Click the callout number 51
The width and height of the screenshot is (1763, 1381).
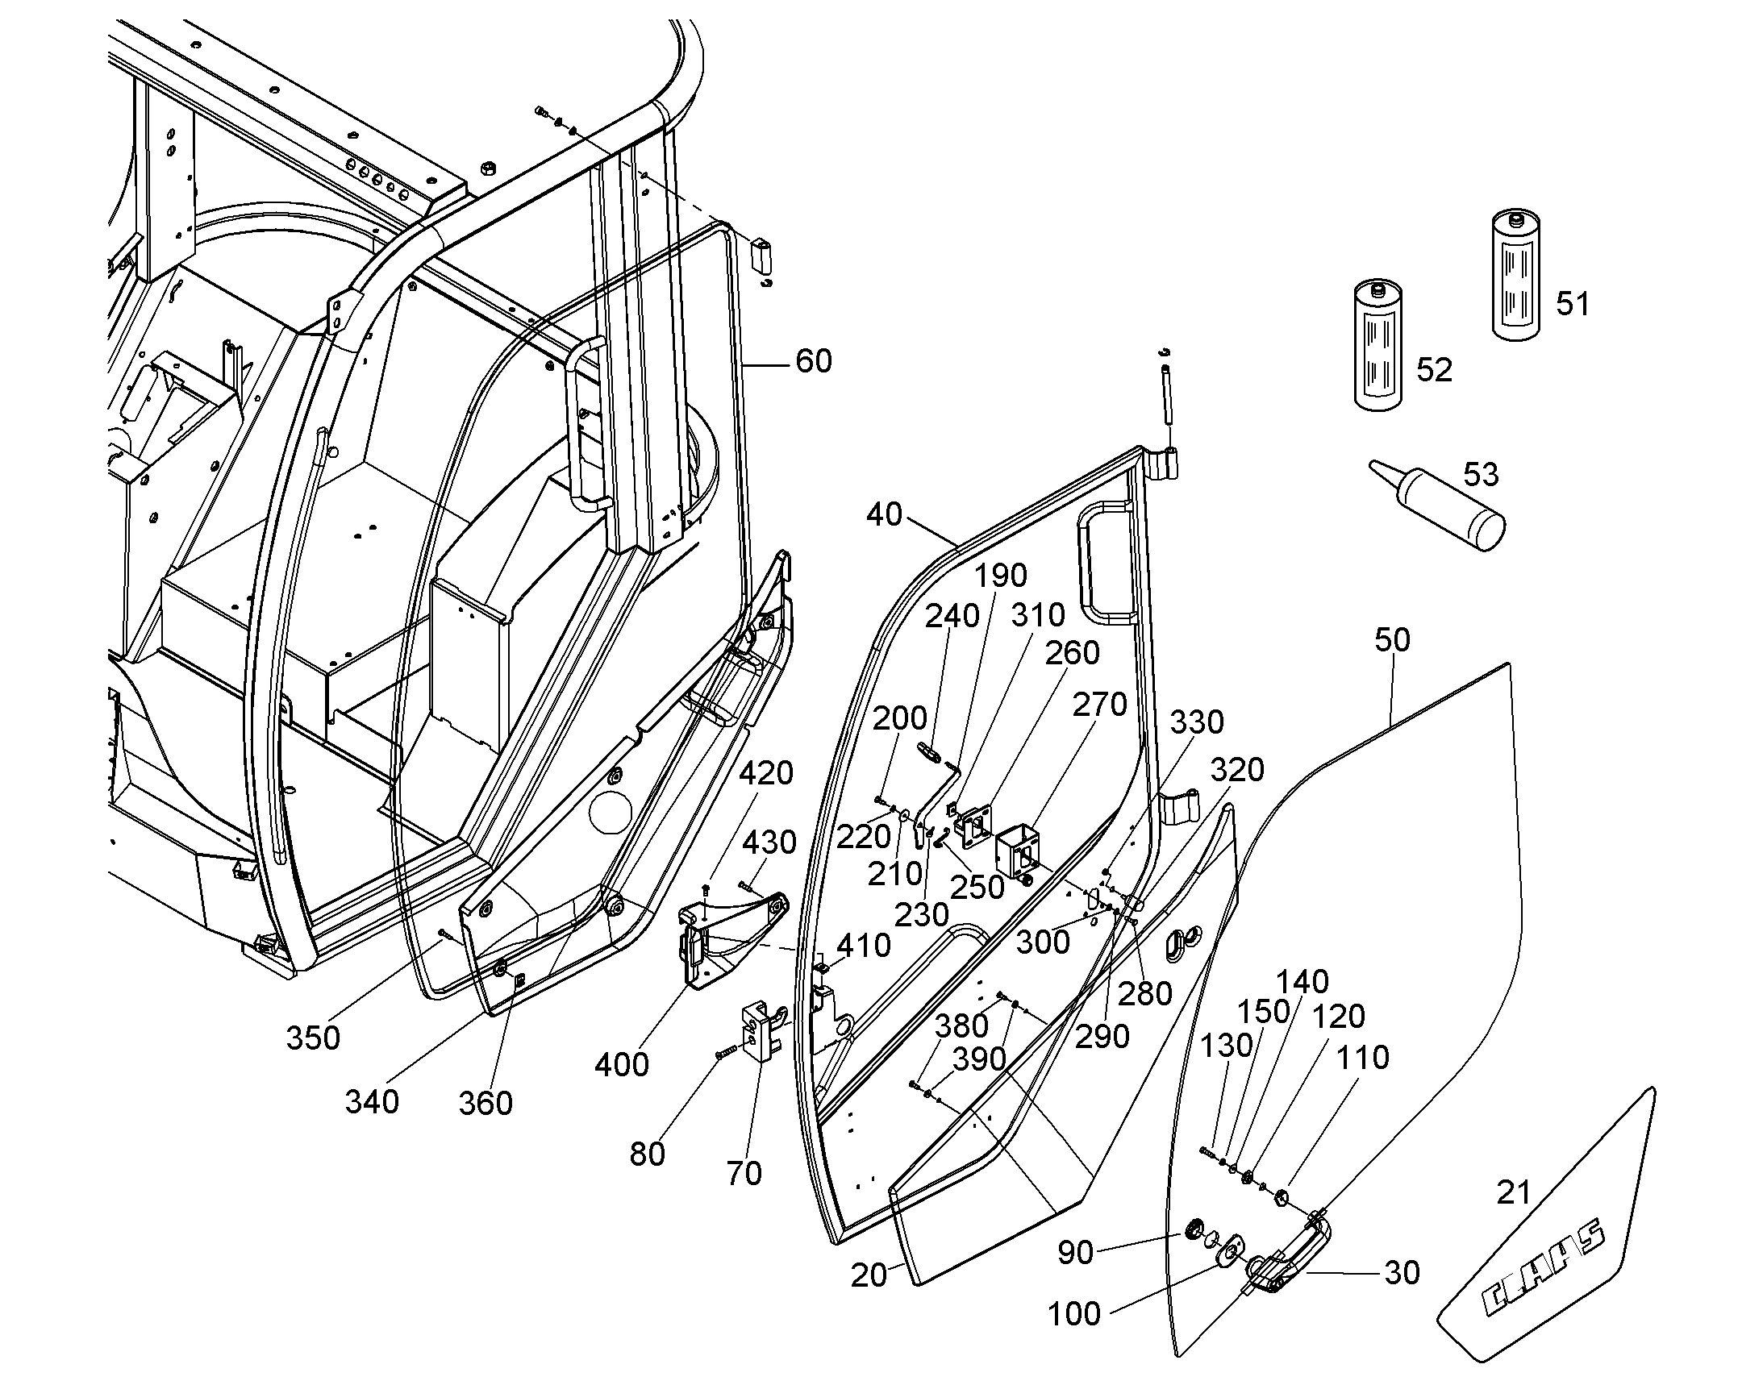(1573, 304)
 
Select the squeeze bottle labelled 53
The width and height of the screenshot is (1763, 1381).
(1437, 506)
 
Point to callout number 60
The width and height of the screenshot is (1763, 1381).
(814, 361)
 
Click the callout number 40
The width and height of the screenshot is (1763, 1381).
(884, 514)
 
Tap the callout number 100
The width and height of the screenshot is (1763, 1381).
(1074, 1315)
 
